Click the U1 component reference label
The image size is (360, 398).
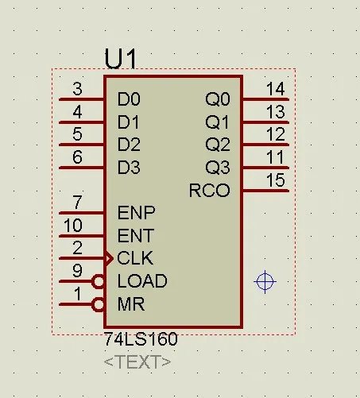pos(121,59)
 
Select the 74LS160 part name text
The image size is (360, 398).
pos(141,339)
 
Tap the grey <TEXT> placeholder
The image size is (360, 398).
pos(137,362)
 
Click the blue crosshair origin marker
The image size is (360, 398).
pos(265,282)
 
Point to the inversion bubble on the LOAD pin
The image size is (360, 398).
pos(98,281)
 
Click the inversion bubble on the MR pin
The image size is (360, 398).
pos(98,304)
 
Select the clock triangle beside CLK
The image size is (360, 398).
pos(110,258)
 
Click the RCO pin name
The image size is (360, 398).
pos(209,191)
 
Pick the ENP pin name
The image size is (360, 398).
pos(136,213)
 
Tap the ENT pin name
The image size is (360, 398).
pos(135,236)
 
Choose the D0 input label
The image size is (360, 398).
pos(129,99)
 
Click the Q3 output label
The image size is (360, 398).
pos(218,168)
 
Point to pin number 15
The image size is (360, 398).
pos(276,180)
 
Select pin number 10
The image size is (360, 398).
pos(73,226)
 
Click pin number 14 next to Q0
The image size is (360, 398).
pos(276,89)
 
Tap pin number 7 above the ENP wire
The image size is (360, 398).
pos(77,203)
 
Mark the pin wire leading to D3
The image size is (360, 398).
pos(82,168)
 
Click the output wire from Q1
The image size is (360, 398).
pos(265,122)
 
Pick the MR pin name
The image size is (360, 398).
pos(131,304)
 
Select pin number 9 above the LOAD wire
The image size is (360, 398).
pos(77,271)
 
